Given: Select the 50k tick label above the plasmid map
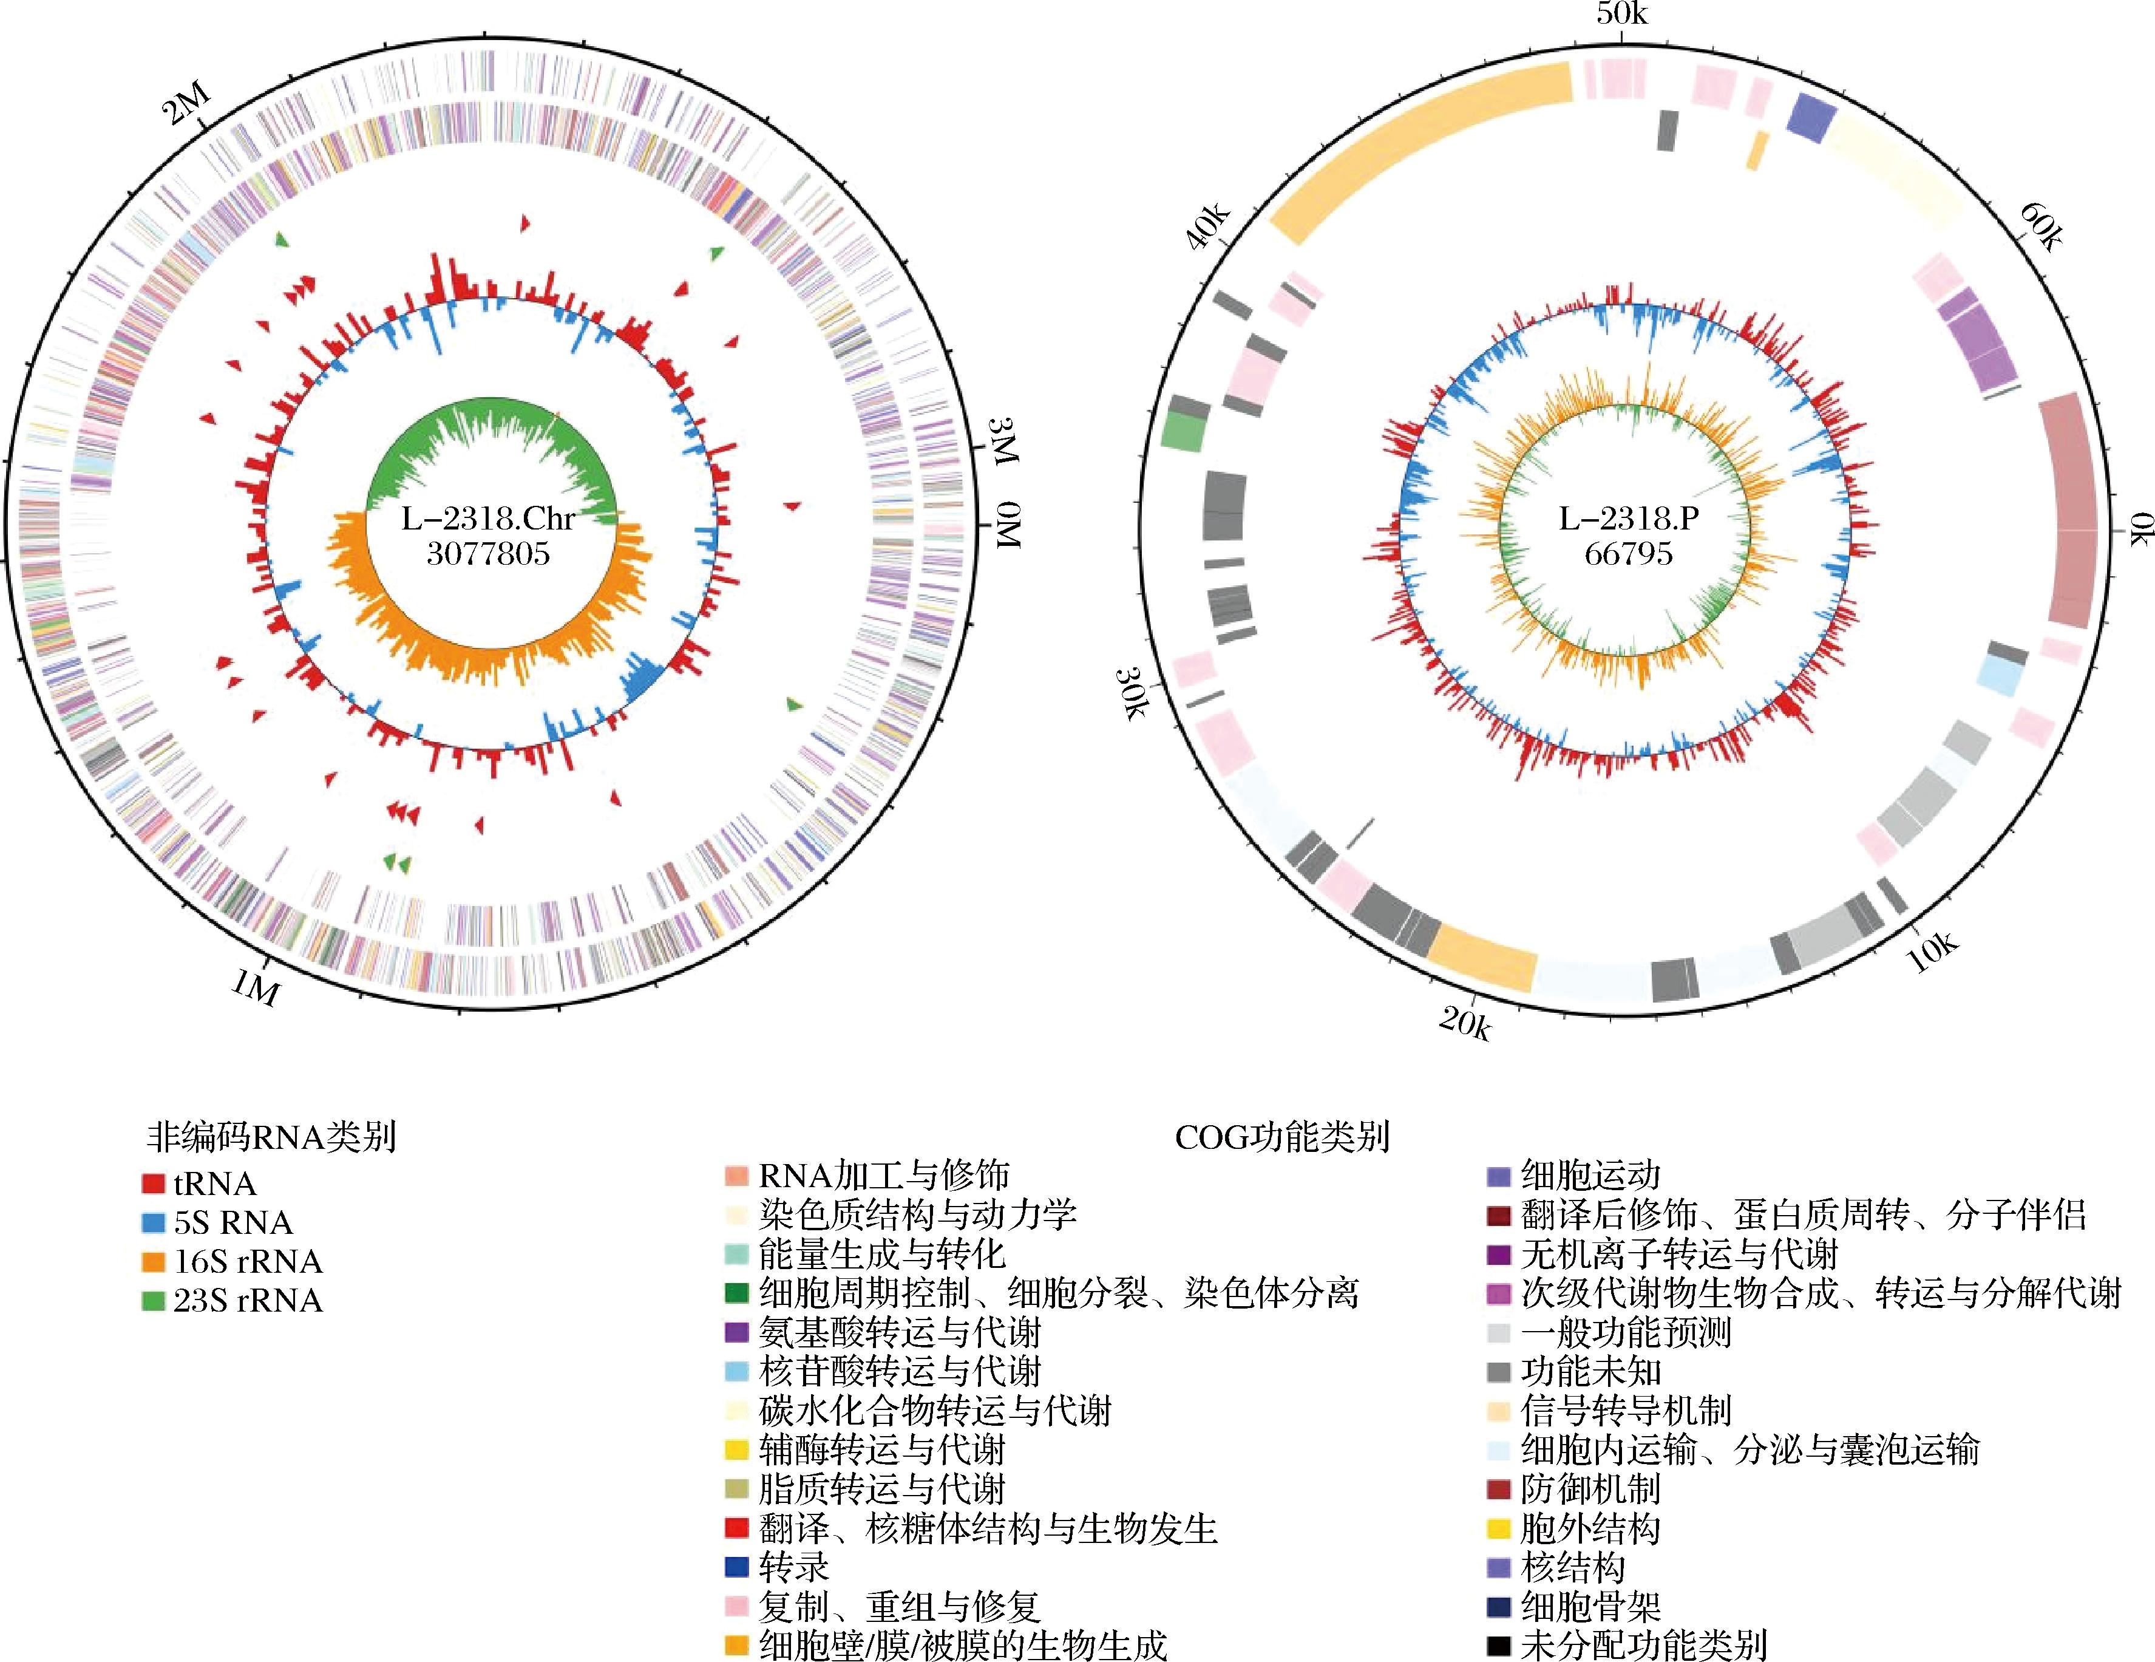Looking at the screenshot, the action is (x=1621, y=15).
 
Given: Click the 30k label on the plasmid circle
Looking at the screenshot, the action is (x=1131, y=693).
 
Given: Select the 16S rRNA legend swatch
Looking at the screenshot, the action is (x=153, y=1261).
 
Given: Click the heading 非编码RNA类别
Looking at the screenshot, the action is (x=271, y=1138).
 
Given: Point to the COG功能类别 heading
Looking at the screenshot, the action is (x=1281, y=1138).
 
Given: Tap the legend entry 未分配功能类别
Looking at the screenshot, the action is (x=1627, y=1644).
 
